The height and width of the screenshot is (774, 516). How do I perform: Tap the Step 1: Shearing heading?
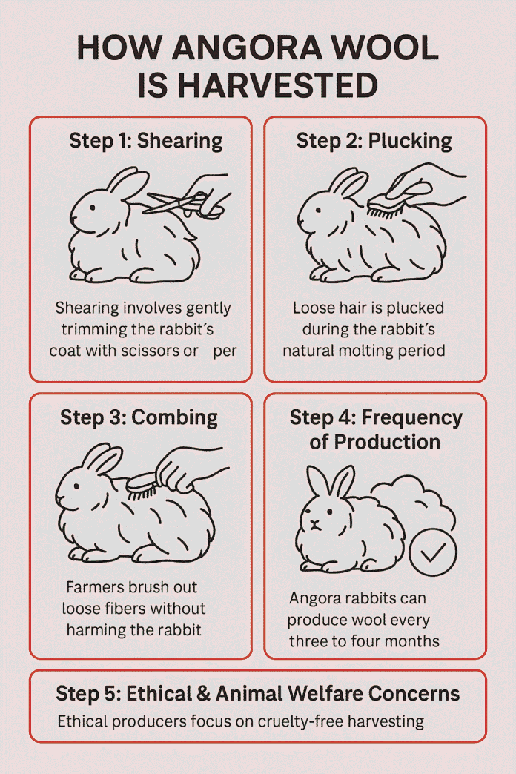(145, 141)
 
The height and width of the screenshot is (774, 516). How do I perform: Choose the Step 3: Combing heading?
(139, 417)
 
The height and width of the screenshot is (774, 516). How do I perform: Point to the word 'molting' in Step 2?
(359, 349)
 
